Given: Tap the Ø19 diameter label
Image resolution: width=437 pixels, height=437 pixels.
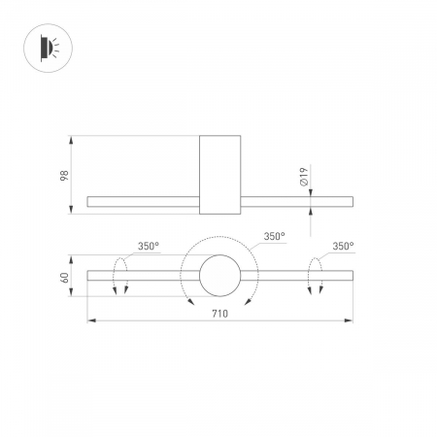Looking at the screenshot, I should click(x=304, y=177).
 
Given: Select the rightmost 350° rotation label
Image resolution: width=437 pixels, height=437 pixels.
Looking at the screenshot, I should click(x=342, y=247).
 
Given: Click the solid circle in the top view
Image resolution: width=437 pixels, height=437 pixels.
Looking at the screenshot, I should click(x=218, y=276).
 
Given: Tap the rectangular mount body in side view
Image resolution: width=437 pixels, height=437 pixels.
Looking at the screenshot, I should click(x=218, y=175).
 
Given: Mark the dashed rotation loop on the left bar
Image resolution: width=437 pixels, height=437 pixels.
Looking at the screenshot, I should click(x=120, y=275).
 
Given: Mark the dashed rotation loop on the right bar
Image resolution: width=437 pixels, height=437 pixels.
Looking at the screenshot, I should click(x=315, y=275).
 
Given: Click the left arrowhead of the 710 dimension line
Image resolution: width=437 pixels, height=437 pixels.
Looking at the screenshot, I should click(x=90, y=319).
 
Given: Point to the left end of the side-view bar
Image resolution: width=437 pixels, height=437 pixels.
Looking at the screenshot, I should click(x=90, y=201).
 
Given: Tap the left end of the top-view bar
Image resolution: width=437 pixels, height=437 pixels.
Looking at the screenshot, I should click(x=90, y=276).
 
